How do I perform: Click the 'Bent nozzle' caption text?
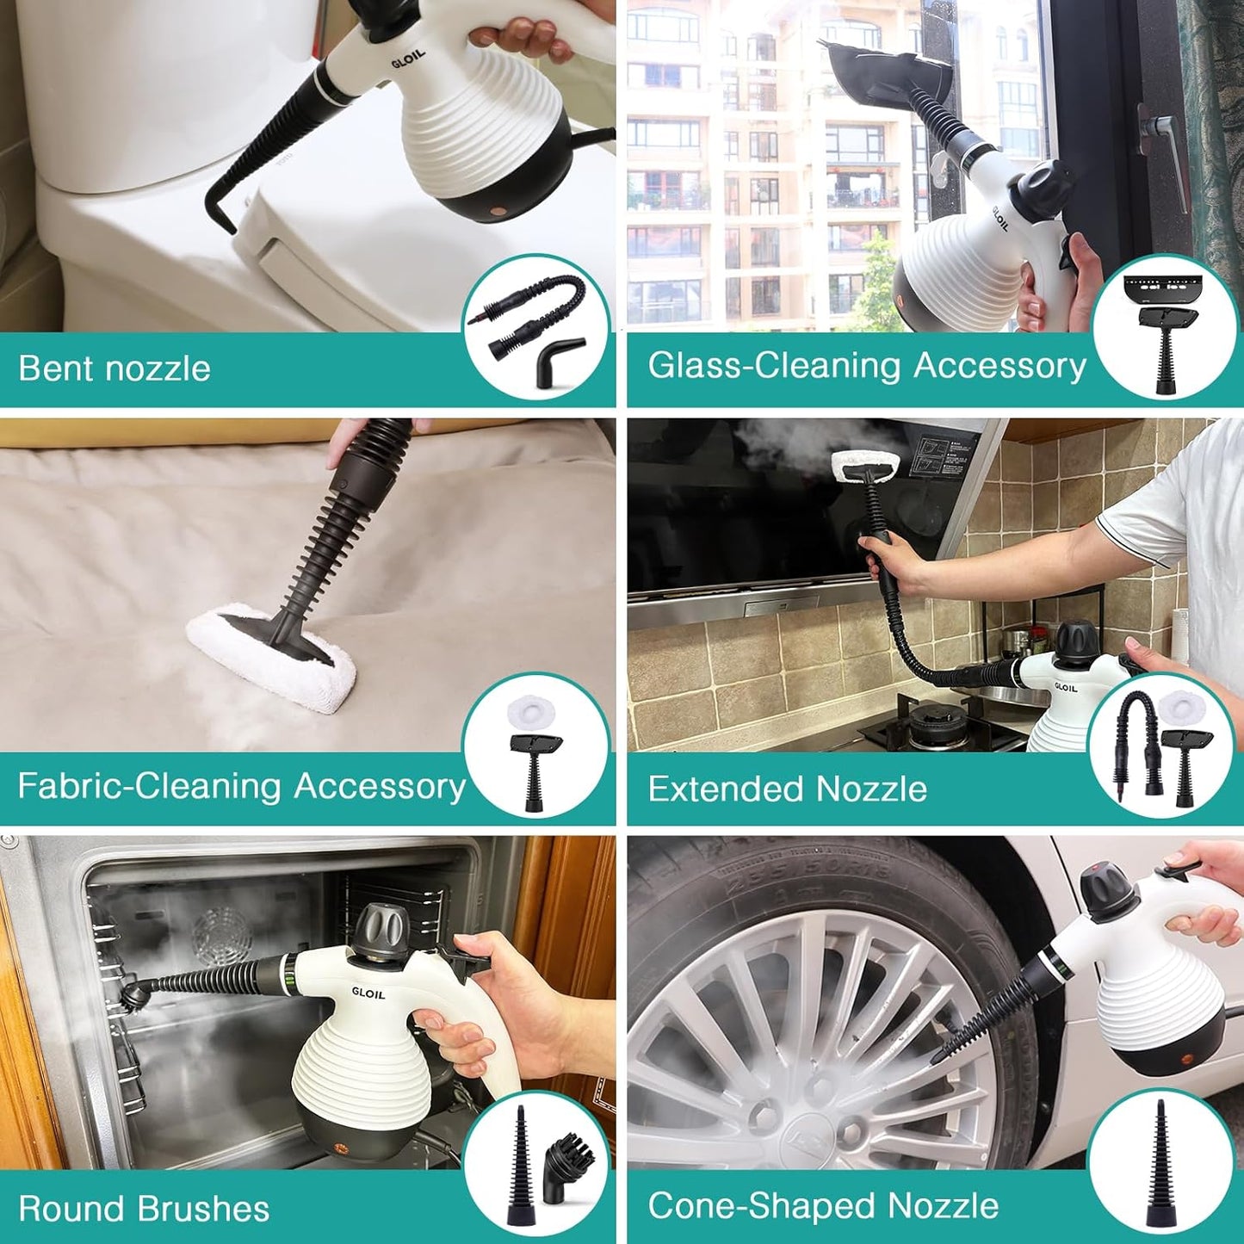tap(114, 368)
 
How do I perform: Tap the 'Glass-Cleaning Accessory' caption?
tap(866, 366)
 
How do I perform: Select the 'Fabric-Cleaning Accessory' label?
tap(241, 787)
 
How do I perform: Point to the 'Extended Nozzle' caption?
tap(787, 789)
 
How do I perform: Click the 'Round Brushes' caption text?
tap(144, 1209)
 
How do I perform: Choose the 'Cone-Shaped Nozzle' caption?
tap(823, 1206)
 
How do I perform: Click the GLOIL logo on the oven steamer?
tap(368, 993)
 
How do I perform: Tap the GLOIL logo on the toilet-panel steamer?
tap(408, 60)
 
